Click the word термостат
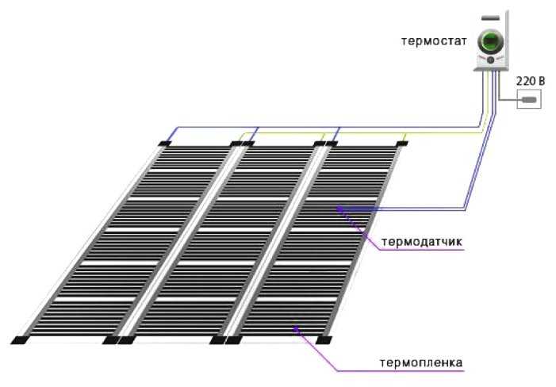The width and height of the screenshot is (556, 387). tap(434, 41)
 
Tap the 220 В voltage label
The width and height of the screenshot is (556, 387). tap(531, 81)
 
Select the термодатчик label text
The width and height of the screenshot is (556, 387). tap(422, 242)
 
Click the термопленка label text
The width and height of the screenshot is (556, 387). tap(421, 363)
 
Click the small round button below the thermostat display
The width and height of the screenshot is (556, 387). tap(491, 60)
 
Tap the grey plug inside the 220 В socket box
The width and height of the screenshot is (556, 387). tap(529, 100)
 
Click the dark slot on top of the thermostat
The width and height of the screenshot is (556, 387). tap(490, 17)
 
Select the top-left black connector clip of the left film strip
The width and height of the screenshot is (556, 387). tap(164, 144)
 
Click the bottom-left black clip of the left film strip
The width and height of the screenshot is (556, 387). tap(20, 340)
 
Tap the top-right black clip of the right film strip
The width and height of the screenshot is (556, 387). tap(402, 144)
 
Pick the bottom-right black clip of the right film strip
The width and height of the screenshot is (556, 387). tap(324, 340)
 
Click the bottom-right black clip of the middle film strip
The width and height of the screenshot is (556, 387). tap(217, 340)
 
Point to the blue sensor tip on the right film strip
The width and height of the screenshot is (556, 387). tap(339, 209)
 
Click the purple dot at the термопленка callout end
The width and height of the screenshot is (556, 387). tap(296, 328)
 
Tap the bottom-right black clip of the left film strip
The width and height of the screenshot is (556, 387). tap(111, 340)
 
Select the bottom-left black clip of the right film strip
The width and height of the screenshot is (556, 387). tap(234, 340)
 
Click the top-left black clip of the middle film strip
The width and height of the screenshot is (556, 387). tap(248, 144)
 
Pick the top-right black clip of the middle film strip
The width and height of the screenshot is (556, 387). tap(320, 144)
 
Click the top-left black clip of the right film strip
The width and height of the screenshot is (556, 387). tap(332, 144)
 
